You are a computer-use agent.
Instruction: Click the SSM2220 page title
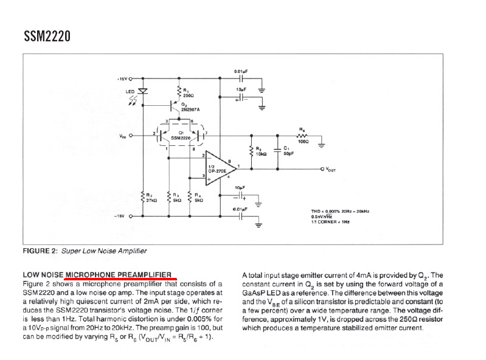(x=47, y=37)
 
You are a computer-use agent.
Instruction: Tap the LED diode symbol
(x=143, y=91)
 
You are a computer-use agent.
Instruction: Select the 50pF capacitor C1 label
(x=288, y=151)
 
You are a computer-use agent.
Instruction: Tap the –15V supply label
(x=122, y=215)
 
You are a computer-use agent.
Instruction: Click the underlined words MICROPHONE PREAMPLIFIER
(x=119, y=274)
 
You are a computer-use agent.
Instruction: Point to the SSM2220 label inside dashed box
(x=181, y=138)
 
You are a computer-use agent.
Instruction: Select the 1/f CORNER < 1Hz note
(x=332, y=222)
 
